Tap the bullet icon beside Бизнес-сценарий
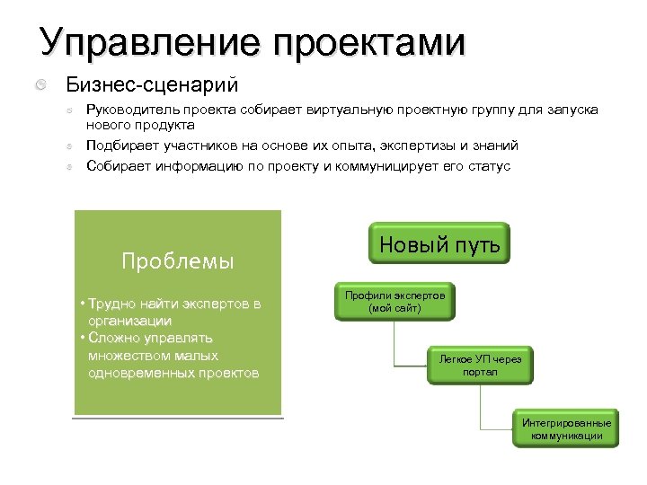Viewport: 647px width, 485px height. (x=42, y=85)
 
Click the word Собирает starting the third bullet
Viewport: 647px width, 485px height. (x=119, y=166)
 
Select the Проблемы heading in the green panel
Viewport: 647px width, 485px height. (x=177, y=261)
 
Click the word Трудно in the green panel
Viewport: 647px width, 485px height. (x=111, y=304)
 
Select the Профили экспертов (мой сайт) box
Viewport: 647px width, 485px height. (x=394, y=302)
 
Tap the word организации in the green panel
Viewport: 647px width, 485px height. (x=129, y=321)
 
